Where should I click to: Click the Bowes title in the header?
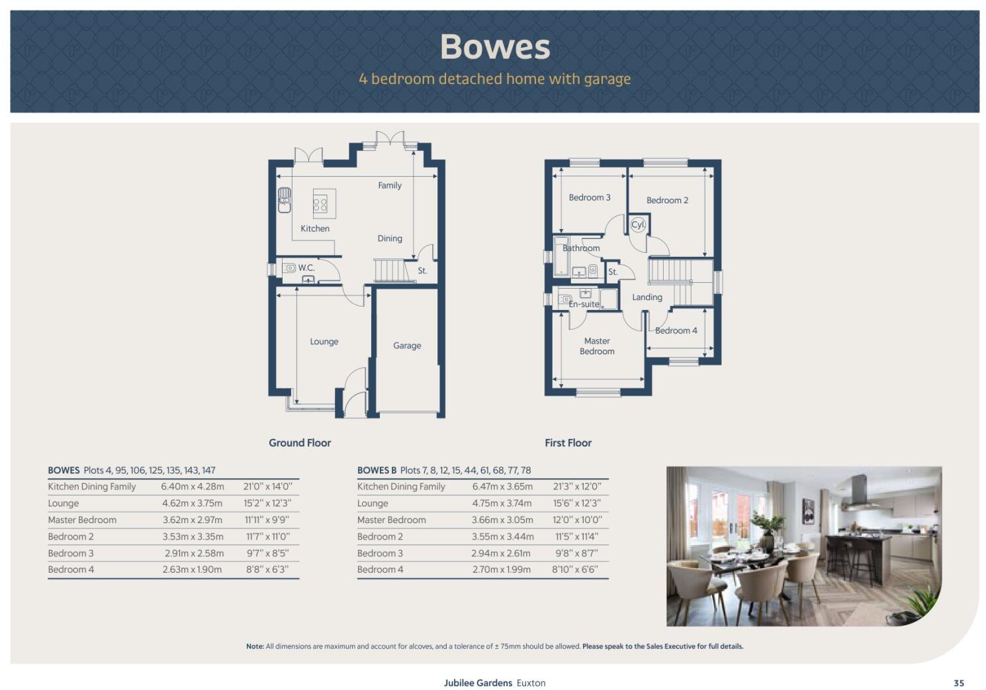[495, 47]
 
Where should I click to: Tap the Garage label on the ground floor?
[407, 346]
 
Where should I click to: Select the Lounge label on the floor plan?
[324, 342]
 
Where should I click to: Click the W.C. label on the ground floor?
[306, 268]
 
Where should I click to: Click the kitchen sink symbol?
[284, 200]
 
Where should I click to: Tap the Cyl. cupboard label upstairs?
[638, 224]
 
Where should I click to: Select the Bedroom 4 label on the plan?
[676, 330]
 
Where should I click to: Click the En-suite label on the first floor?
[584, 305]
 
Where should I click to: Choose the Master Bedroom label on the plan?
[597, 346]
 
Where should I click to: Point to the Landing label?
[647, 297]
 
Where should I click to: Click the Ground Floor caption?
[300, 443]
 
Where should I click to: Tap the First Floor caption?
[568, 443]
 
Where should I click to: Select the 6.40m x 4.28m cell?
[193, 487]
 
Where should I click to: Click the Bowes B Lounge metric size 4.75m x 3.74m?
[502, 503]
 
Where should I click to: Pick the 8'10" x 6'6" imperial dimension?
[575, 569]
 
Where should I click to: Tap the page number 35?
[959, 683]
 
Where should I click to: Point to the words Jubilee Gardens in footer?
[478, 683]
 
